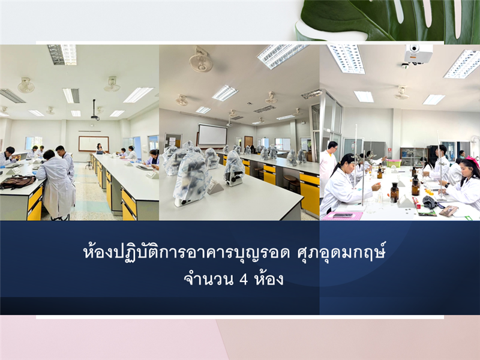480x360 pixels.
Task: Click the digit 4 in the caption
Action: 244,279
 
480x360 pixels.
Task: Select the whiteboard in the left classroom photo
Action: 94,143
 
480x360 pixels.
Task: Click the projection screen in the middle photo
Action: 212,135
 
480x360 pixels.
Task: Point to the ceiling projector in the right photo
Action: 418,55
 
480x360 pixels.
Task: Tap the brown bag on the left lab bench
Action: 18,182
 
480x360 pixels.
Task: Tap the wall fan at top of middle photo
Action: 200,59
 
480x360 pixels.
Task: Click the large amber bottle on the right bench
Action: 394,192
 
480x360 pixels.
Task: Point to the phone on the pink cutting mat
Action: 342,215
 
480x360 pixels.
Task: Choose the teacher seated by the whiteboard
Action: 100,148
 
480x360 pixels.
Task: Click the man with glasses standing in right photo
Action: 328,167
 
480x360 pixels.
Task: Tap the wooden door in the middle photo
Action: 248,143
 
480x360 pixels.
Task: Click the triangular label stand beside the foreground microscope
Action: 215,187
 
